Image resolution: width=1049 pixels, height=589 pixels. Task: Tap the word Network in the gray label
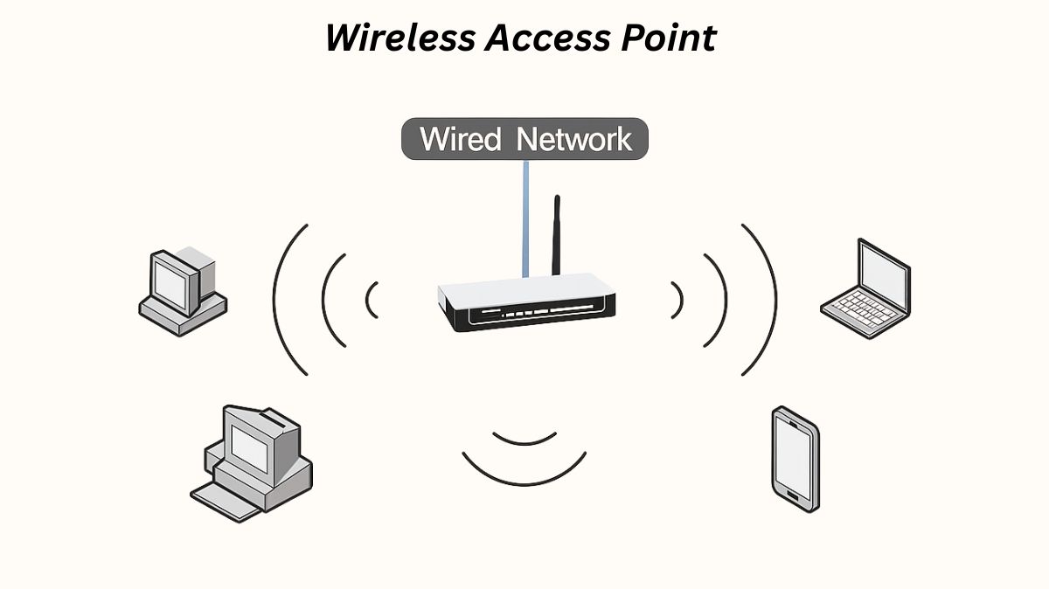(x=573, y=140)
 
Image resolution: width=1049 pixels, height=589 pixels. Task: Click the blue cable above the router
(x=524, y=218)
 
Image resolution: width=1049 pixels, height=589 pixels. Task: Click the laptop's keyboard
(x=860, y=306)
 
